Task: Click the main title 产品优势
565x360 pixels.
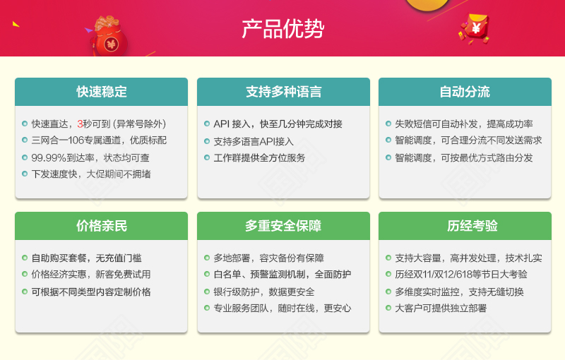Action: click(x=283, y=29)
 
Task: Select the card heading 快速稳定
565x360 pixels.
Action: click(x=102, y=92)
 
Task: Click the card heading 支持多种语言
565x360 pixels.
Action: click(x=284, y=92)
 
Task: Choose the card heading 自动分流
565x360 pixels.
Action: click(x=465, y=92)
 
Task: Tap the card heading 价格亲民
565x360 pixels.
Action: click(x=102, y=226)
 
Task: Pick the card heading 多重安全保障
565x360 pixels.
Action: click(x=283, y=226)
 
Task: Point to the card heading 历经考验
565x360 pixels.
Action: click(x=472, y=226)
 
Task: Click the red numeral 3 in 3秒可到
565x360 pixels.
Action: click(x=80, y=124)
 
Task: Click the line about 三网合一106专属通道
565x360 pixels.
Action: click(x=99, y=140)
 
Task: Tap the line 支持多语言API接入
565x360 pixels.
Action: click(x=254, y=141)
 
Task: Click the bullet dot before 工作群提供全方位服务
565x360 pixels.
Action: click(x=207, y=157)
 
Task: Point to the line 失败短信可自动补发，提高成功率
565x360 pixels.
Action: click(x=464, y=124)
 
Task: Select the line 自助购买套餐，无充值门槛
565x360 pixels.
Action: click(x=86, y=258)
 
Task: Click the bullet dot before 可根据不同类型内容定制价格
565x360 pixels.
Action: click(x=25, y=292)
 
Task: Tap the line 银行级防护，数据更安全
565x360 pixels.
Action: click(x=264, y=292)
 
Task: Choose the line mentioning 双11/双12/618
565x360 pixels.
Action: click(x=461, y=275)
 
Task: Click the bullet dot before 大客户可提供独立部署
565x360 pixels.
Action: click(x=388, y=308)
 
